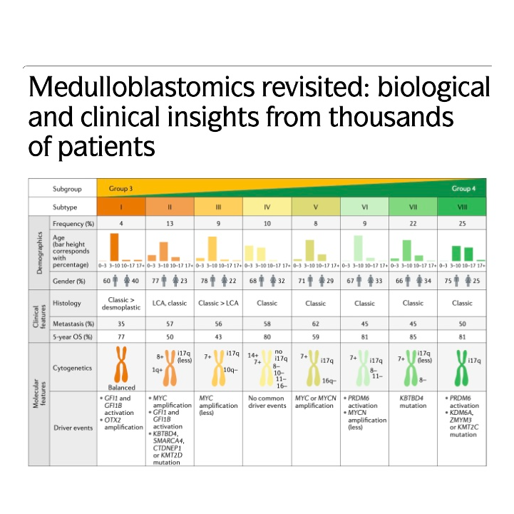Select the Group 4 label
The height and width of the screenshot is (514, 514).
461,188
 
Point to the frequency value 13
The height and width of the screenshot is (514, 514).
169,224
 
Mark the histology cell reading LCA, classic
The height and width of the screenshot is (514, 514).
169,303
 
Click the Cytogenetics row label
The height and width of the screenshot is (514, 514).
73,368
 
